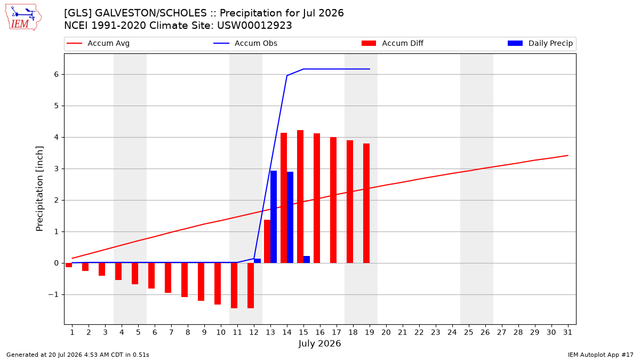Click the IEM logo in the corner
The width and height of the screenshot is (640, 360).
click(x=23, y=18)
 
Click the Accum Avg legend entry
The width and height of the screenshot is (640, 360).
click(x=98, y=43)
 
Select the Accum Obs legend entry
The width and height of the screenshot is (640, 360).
click(x=245, y=43)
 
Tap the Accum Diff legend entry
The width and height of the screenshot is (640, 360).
click(x=393, y=43)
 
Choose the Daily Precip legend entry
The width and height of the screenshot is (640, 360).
click(x=540, y=43)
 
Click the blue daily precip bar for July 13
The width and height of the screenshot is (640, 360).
click(x=274, y=217)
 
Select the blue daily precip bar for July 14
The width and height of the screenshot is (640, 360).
click(x=290, y=218)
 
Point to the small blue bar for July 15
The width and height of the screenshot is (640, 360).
click(x=307, y=259)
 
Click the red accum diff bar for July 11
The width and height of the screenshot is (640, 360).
click(x=234, y=285)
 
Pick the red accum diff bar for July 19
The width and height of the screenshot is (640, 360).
click(x=366, y=203)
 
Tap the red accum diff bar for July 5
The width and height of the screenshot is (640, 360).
click(x=135, y=274)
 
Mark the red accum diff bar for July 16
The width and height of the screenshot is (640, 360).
click(x=317, y=198)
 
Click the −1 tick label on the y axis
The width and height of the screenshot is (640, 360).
click(x=53, y=294)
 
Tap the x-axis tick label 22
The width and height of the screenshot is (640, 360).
click(x=419, y=332)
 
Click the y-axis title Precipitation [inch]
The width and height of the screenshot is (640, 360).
click(x=39, y=189)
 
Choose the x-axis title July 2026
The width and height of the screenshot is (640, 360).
click(x=319, y=343)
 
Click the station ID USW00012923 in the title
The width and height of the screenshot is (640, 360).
click(x=254, y=26)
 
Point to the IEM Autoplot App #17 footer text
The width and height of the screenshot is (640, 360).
click(x=601, y=355)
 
